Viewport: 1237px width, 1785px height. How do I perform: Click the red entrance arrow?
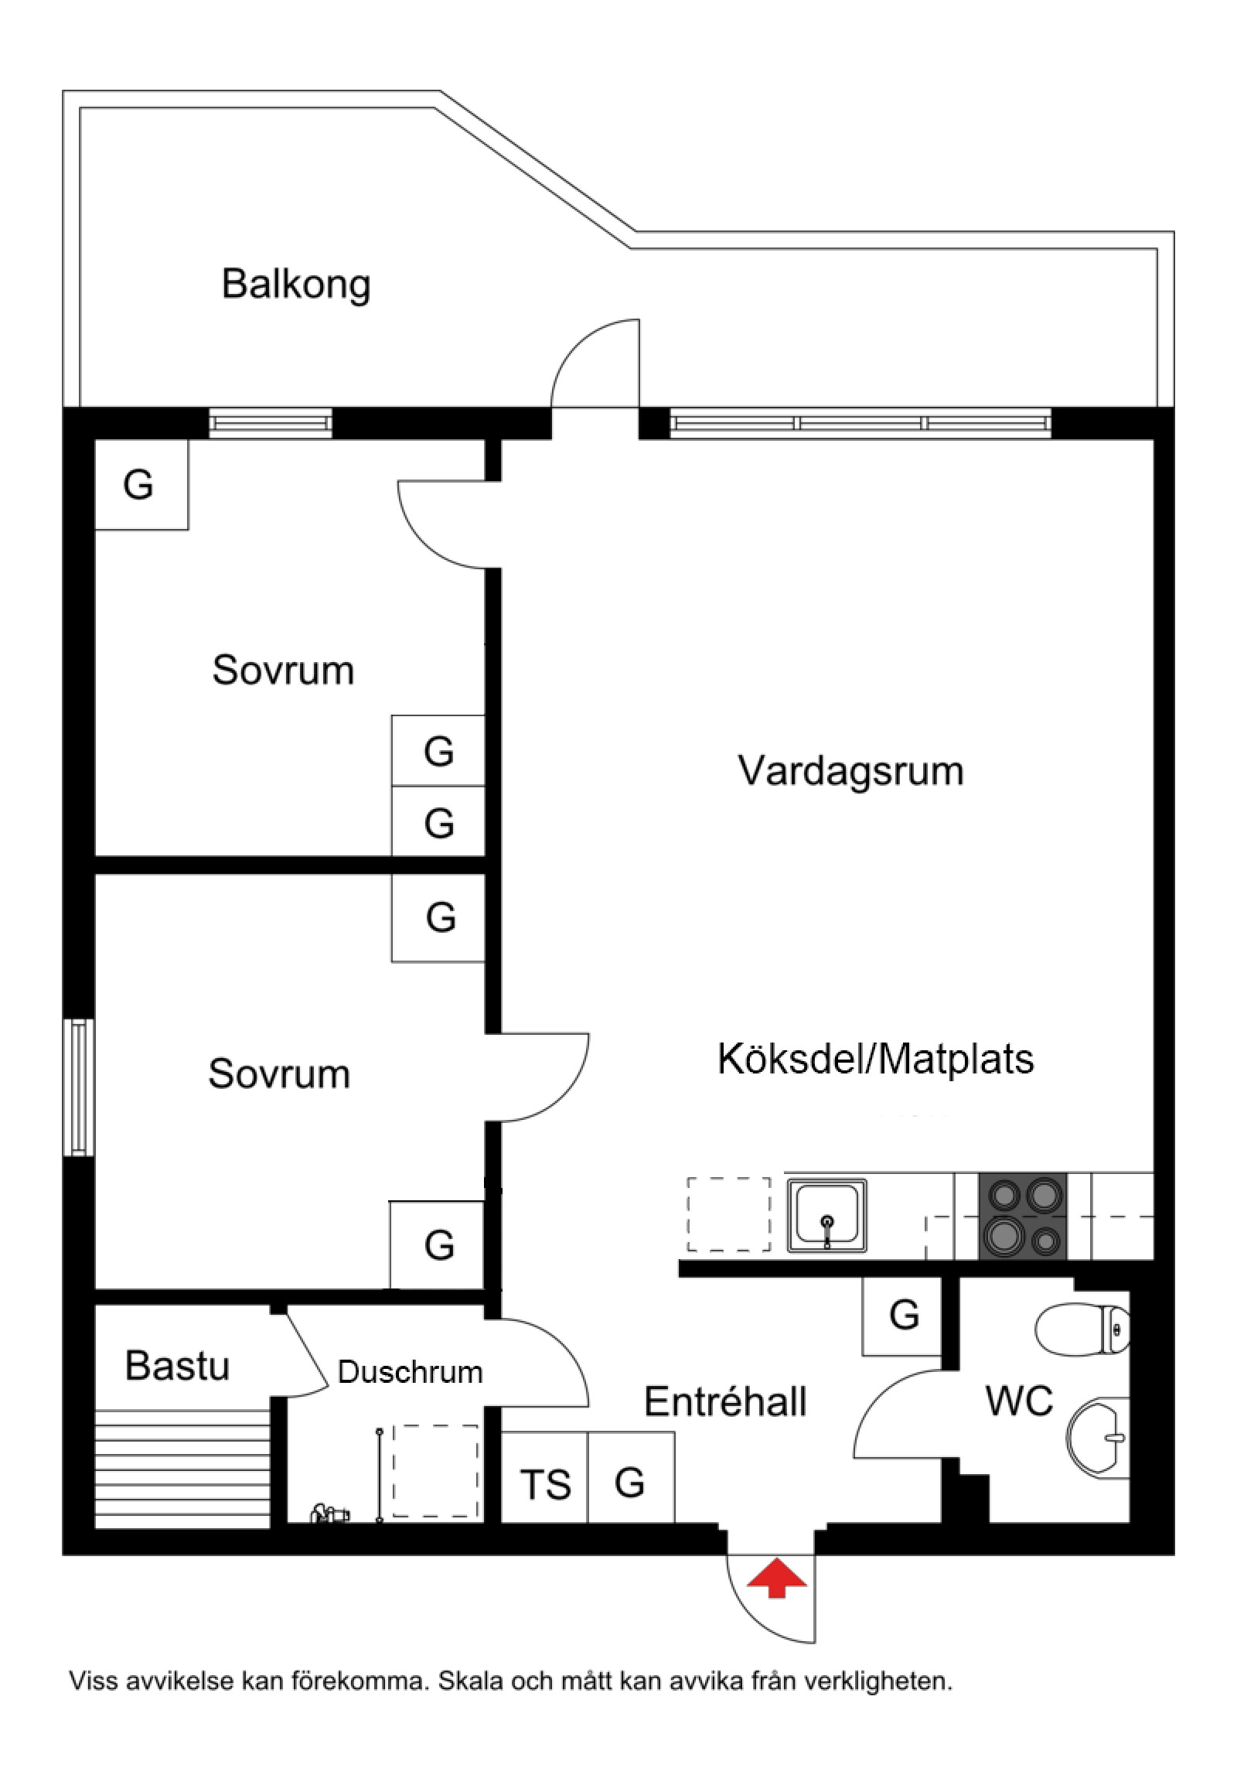(x=777, y=1579)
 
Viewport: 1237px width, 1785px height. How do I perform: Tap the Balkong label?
(x=296, y=284)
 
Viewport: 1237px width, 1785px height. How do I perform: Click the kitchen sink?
(x=827, y=1215)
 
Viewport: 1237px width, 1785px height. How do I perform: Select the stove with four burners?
(x=1022, y=1215)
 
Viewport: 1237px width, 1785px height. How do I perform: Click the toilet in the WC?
(x=1084, y=1328)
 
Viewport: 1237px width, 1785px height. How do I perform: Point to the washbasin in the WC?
(x=1098, y=1435)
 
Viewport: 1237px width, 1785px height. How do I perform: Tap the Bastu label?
(x=177, y=1366)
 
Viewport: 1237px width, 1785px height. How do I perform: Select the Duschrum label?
(x=410, y=1372)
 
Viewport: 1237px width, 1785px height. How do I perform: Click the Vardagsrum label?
(x=850, y=771)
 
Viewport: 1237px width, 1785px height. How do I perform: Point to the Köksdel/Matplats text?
(x=875, y=1060)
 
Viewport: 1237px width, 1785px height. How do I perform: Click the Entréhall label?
(x=725, y=1401)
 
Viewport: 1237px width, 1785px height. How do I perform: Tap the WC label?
(x=1018, y=1401)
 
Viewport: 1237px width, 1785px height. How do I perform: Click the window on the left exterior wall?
(x=78, y=1087)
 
